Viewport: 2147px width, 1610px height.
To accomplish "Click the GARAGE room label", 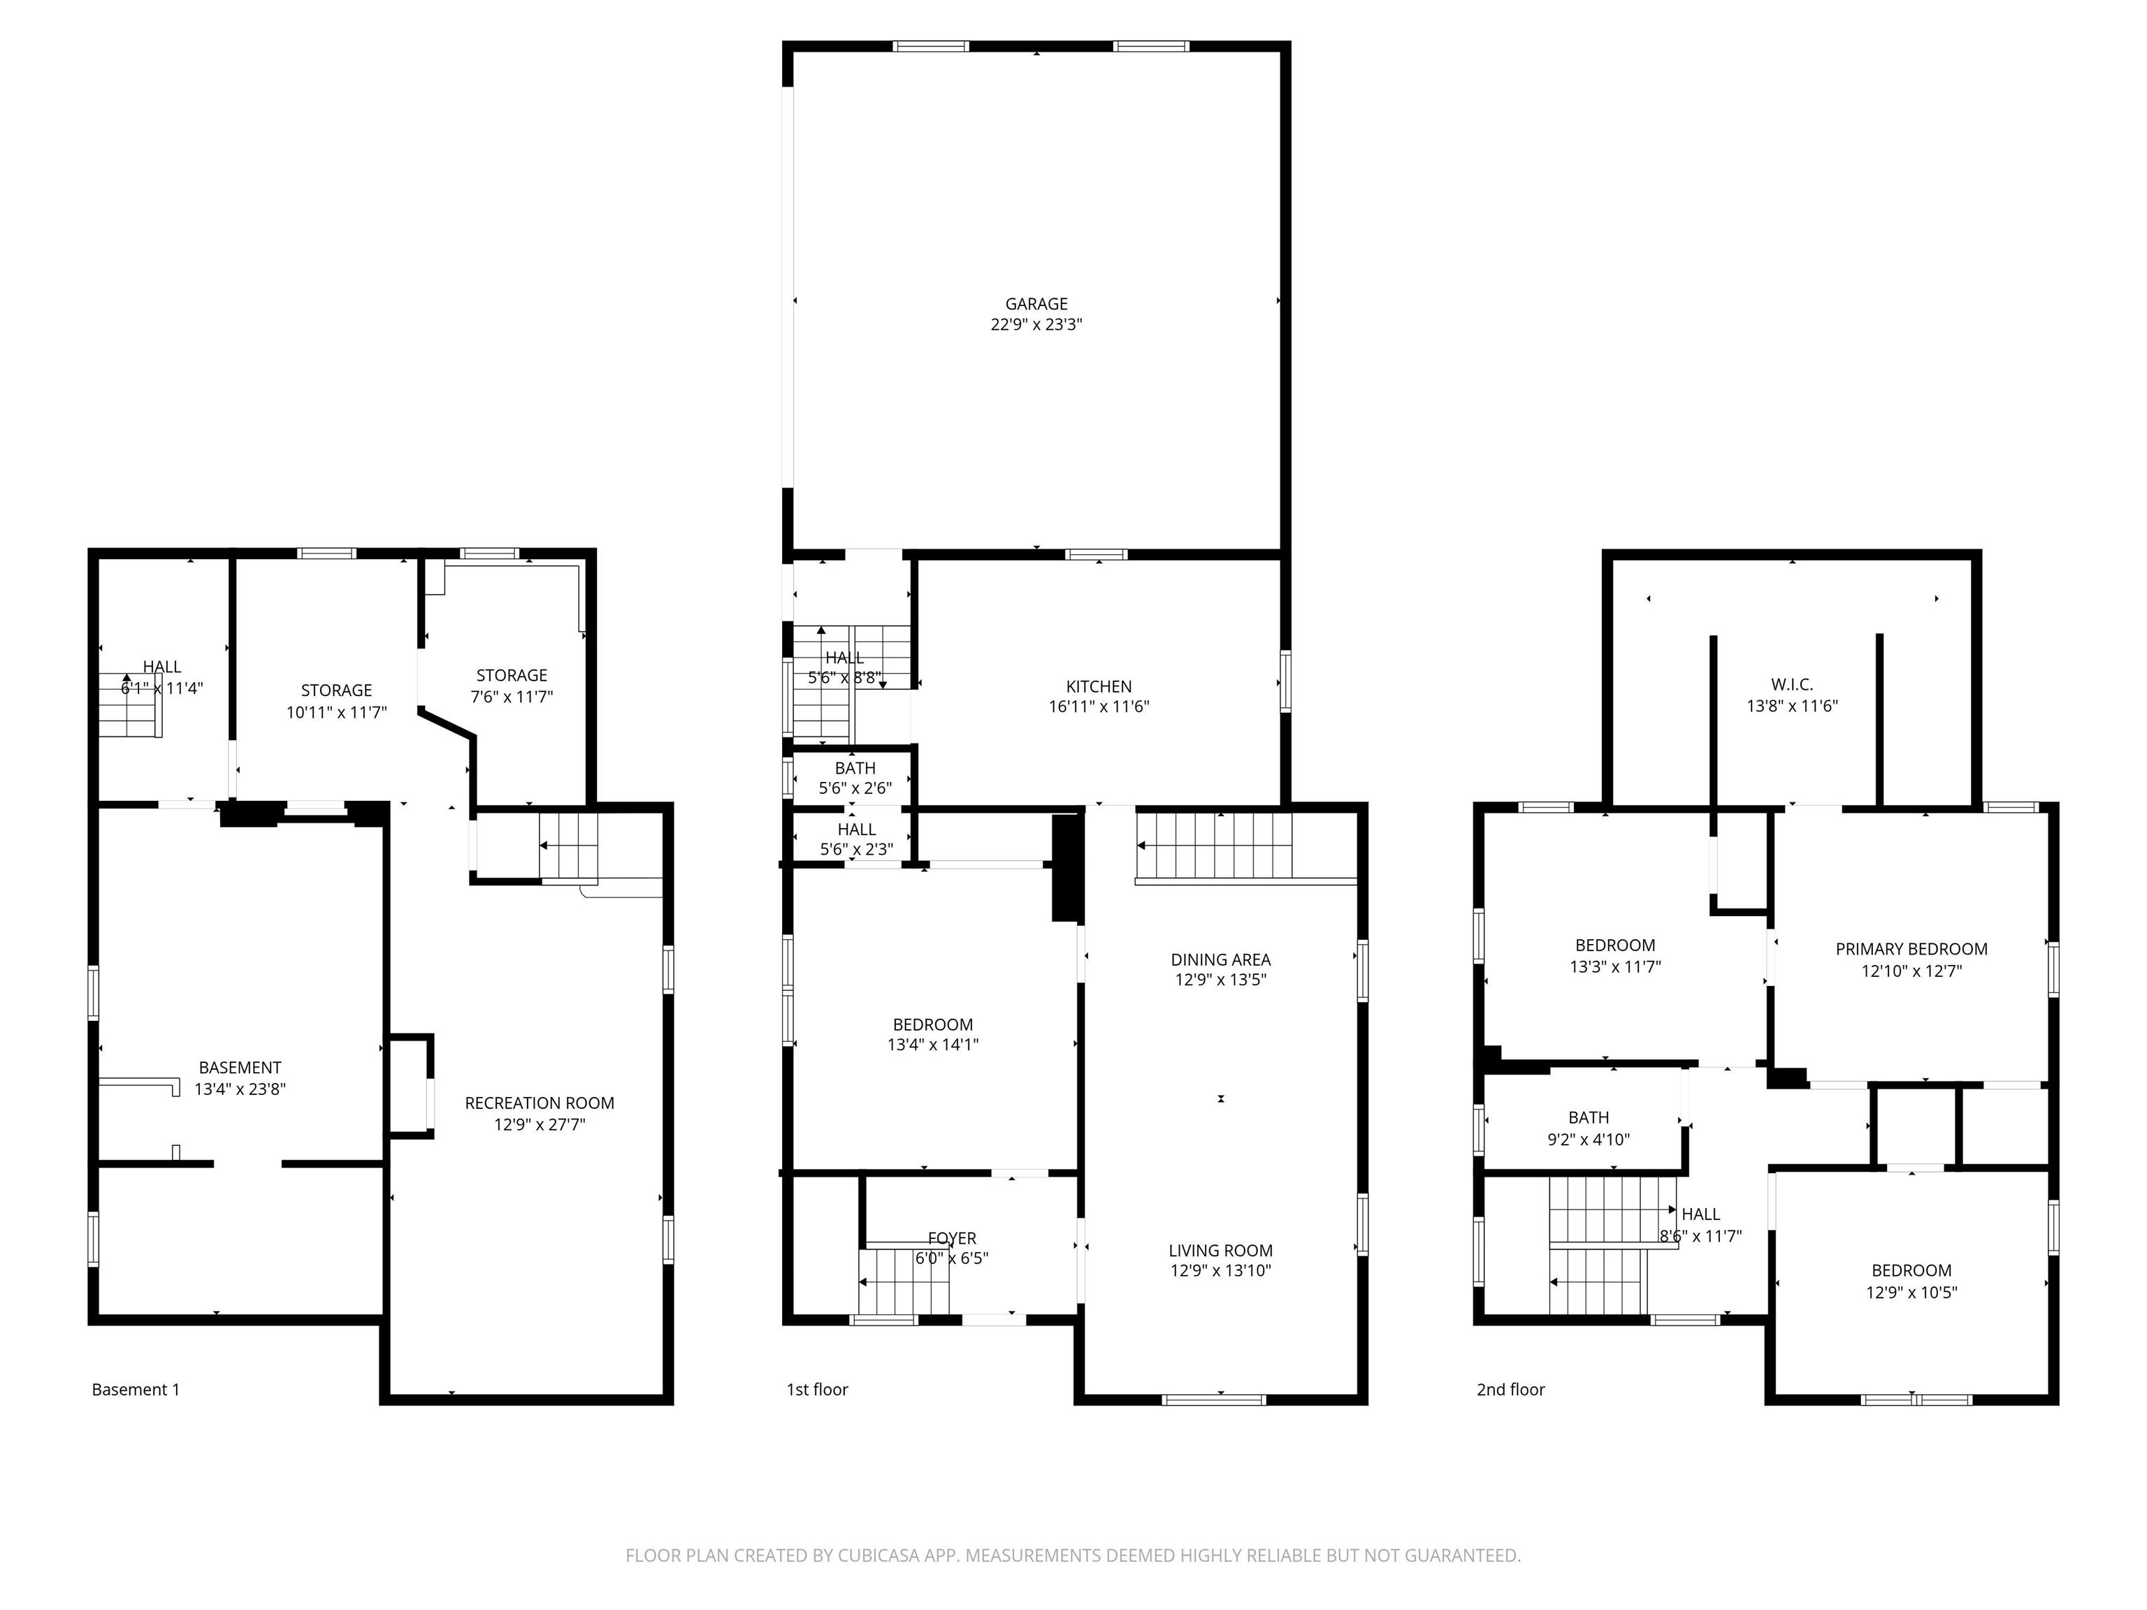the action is point(1036,304).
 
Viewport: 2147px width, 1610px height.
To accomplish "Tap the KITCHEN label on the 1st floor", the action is point(1099,686).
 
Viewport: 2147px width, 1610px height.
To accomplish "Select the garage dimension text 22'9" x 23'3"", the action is point(1036,325).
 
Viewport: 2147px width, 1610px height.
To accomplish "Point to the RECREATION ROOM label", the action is point(539,1103).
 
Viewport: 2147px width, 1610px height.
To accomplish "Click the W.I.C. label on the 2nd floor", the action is point(1792,685).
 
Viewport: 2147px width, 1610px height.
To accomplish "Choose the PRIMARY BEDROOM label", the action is point(1911,949).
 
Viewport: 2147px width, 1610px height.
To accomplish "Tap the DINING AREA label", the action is point(1220,960).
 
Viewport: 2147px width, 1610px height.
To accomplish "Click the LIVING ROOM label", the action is point(1220,1251).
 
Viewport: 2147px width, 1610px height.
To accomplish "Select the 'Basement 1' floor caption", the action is point(136,1390).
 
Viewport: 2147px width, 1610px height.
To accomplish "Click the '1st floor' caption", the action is point(817,1390).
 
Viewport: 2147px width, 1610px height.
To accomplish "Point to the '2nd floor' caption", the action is point(1510,1390).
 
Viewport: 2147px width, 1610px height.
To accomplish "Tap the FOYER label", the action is point(951,1238).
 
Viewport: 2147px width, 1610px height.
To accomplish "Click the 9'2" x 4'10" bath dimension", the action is point(1588,1139).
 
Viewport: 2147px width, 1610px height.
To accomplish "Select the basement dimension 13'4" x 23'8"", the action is point(240,1089).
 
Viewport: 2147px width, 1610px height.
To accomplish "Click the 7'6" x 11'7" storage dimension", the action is point(512,697).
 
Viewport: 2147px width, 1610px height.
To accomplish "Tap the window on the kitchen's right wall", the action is point(1285,682).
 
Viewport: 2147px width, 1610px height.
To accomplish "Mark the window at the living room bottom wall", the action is point(1214,1400).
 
